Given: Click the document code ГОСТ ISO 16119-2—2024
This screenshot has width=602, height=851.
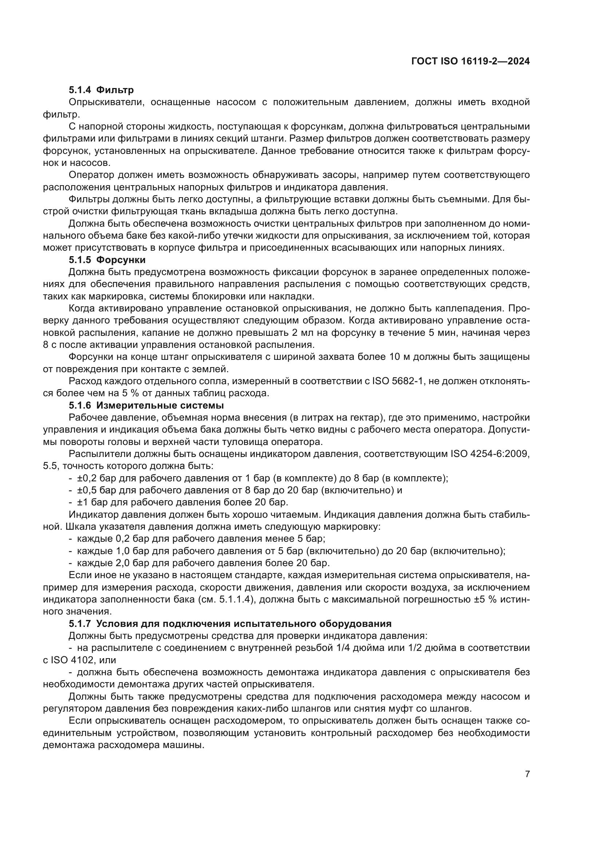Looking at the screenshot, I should [x=470, y=61].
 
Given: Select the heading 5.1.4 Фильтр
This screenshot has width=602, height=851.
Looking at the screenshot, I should [x=101, y=90].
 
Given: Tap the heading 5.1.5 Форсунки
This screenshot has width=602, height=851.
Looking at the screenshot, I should [x=107, y=259].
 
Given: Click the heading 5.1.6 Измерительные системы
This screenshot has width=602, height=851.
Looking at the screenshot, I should [x=146, y=405].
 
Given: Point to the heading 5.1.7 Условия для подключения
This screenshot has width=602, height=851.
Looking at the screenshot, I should [x=230, y=624].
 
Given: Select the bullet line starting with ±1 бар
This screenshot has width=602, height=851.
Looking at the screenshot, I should [x=178, y=502].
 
